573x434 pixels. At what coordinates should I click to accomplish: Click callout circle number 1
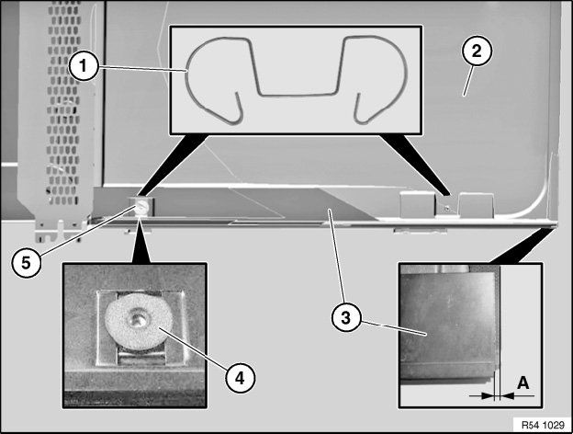click(x=84, y=64)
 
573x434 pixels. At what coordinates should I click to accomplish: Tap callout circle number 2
click(x=478, y=51)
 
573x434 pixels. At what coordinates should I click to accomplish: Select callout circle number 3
click(x=345, y=319)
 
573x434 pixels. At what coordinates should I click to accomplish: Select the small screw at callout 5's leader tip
click(x=142, y=209)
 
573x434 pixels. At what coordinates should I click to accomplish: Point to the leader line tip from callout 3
click(x=327, y=211)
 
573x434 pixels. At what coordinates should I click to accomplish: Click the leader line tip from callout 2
click(x=464, y=95)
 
